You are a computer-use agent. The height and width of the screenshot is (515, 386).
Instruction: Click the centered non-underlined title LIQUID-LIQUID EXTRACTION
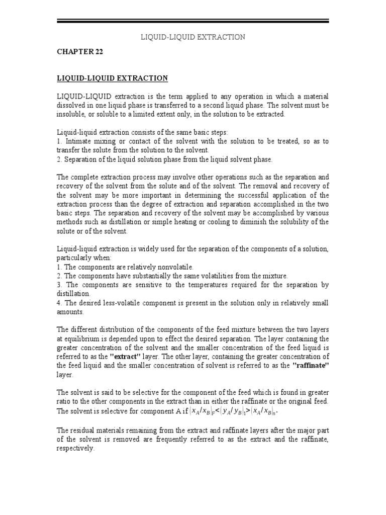click(x=192, y=37)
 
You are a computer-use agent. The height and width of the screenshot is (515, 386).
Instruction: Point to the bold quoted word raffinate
click(x=310, y=366)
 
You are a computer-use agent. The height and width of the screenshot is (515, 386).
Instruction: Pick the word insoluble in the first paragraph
click(x=71, y=114)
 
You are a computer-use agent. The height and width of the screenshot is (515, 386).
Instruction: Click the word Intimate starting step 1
click(x=78, y=141)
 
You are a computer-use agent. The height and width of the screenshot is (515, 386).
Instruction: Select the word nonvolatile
click(x=171, y=267)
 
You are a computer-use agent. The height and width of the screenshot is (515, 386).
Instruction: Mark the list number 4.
click(x=59, y=303)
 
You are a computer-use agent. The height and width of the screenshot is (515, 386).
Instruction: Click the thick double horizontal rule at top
click(x=192, y=21)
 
